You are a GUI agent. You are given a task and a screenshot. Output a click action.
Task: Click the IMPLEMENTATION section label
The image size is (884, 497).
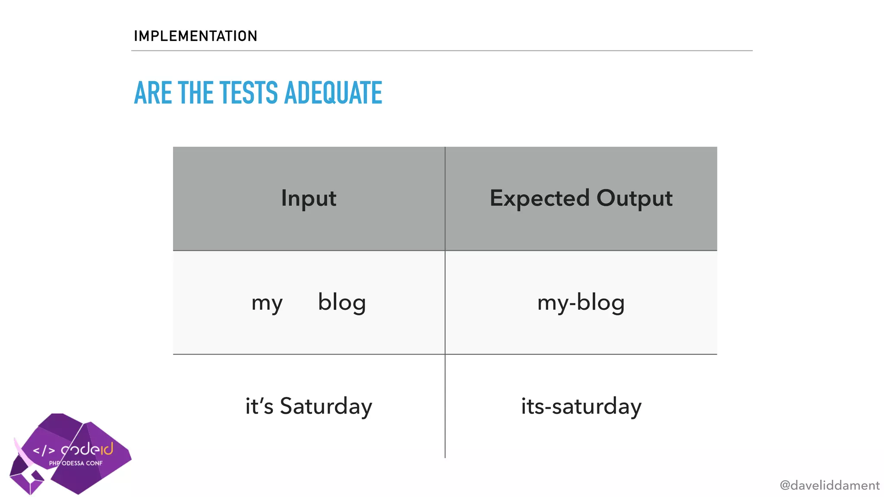195,36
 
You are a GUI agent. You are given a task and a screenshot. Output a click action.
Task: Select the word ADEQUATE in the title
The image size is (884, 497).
333,93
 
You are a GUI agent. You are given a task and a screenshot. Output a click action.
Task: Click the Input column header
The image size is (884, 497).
309,198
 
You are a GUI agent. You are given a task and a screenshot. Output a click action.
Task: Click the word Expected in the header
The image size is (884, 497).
539,198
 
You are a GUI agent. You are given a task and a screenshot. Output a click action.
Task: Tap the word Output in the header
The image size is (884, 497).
635,198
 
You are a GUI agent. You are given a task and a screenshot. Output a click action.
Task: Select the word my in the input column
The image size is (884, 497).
267,303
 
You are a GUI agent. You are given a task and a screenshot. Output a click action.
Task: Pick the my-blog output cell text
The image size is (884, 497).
581,303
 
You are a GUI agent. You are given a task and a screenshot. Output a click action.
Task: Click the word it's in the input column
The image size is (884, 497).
259,406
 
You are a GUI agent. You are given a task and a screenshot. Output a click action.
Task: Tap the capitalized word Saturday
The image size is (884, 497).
326,406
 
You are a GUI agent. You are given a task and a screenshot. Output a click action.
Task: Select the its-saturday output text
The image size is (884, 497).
581,406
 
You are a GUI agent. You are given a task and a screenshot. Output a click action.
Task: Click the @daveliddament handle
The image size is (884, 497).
829,485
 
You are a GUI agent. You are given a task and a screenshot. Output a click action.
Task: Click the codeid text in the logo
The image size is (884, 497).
87,450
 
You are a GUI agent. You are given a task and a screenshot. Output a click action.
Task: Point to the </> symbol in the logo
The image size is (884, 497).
44,451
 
